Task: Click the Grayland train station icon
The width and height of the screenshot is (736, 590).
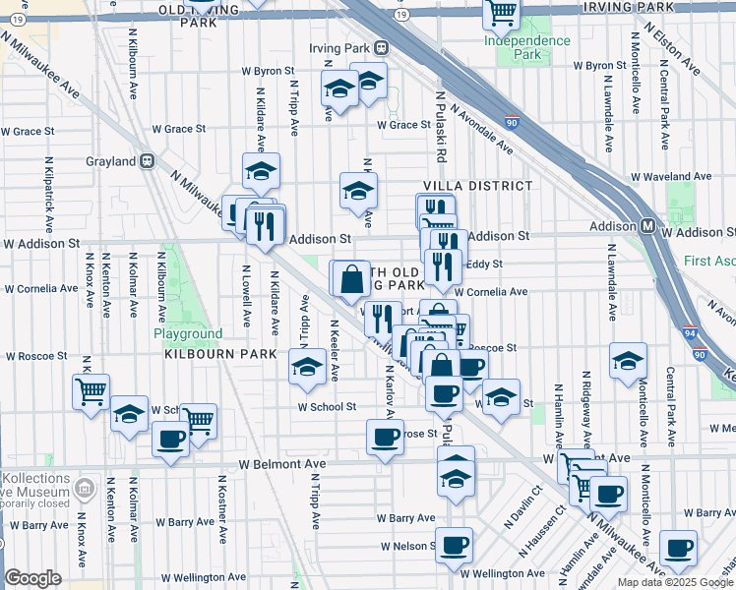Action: tap(148, 161)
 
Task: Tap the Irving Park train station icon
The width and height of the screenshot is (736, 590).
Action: tap(380, 47)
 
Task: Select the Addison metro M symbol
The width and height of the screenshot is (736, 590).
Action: tap(648, 226)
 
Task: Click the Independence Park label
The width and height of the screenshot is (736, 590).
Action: tap(526, 47)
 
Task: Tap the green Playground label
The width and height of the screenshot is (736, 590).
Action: tap(188, 333)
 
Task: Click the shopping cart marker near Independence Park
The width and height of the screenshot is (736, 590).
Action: tap(502, 13)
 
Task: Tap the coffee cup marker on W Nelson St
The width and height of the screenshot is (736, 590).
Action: tap(454, 543)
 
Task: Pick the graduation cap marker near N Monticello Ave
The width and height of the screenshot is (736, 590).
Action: tap(627, 360)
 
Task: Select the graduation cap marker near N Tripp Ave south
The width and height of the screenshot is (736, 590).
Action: tap(307, 366)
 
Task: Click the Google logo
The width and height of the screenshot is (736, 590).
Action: tap(32, 578)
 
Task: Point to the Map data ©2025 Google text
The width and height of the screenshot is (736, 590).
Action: tap(675, 582)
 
